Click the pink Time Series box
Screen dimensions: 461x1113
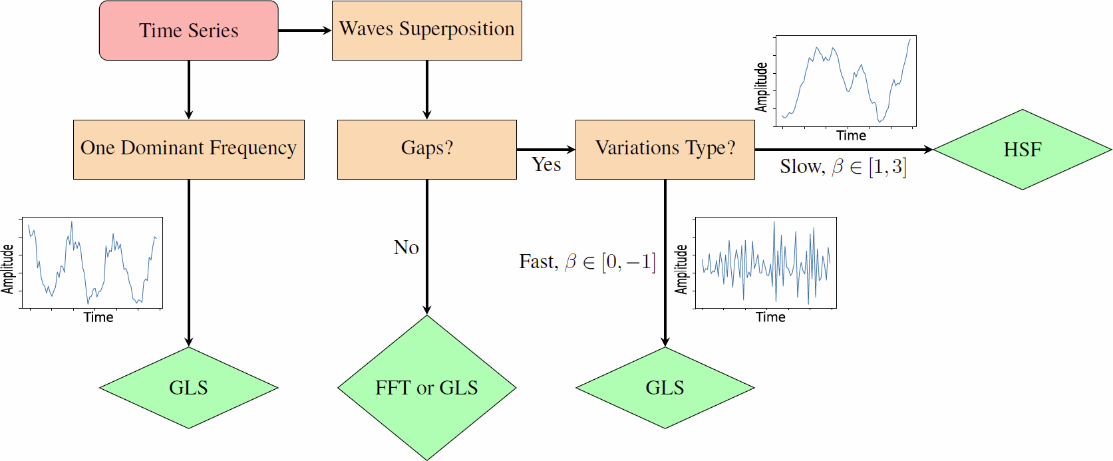(189, 31)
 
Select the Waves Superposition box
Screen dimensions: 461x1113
(426, 31)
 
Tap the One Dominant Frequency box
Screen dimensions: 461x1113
(189, 149)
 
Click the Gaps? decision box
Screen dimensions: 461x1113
(426, 149)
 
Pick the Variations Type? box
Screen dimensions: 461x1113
(665, 149)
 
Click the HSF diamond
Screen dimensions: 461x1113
(1023, 150)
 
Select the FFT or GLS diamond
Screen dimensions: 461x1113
(426, 388)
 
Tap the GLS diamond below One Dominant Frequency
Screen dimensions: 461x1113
(189, 388)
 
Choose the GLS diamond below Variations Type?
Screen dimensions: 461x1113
(665, 388)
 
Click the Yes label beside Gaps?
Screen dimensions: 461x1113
(546, 165)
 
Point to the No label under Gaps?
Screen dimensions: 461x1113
(406, 247)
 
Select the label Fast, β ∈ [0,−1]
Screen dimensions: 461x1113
(587, 261)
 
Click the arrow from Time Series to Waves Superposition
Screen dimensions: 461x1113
(304, 31)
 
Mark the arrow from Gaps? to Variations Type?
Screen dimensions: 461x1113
(546, 150)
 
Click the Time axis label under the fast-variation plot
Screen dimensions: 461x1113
(770, 317)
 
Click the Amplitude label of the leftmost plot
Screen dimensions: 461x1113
(7, 269)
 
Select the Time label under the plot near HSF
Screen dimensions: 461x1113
(851, 136)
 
